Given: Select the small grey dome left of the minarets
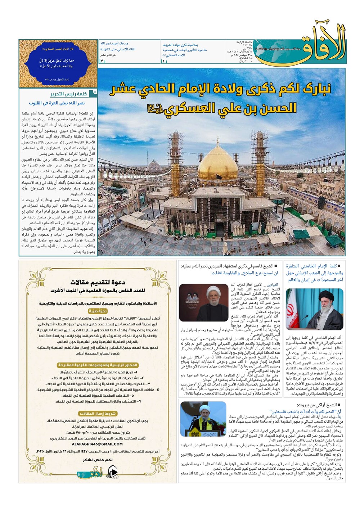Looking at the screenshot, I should pos(154,167).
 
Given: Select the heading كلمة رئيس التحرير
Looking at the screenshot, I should pos(68,94).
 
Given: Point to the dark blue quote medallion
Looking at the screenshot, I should pos(58,63).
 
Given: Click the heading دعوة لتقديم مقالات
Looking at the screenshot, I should pos(97,282).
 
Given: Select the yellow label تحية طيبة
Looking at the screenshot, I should pos(97,311).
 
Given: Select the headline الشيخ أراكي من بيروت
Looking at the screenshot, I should pos(317,405).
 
